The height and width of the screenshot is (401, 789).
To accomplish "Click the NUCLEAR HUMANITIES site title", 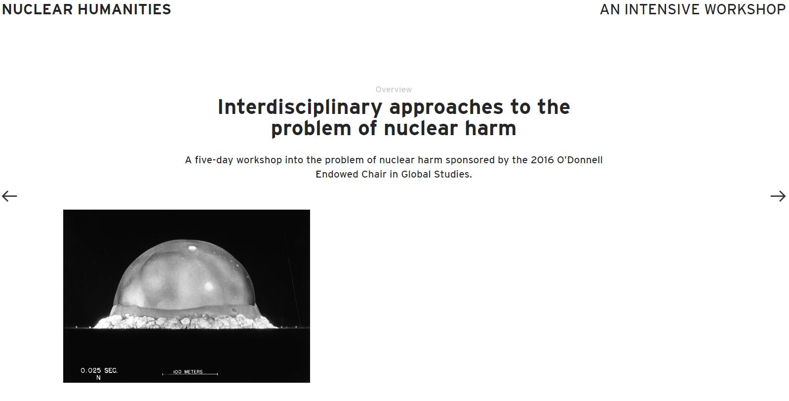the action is point(86,9).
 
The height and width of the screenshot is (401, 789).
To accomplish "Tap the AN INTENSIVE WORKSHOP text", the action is point(693,9).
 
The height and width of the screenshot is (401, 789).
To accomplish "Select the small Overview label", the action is point(394,90).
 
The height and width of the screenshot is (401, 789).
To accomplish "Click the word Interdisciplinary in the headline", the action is point(300,108).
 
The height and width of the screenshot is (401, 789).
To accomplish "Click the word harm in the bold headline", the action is point(490,128).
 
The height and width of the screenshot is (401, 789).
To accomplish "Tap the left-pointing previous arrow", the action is point(9,196).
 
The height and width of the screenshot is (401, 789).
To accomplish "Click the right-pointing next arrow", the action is point(778,196).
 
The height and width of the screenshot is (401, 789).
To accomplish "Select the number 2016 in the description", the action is point(542,160).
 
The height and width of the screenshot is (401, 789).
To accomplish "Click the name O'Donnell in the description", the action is point(580,160).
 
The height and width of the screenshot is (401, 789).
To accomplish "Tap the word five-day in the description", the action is point(214,160).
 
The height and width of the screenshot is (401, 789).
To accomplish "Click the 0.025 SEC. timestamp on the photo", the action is point(99,370).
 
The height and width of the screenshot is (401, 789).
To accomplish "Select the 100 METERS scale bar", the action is point(190,373).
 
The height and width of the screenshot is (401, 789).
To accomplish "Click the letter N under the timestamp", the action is point(98,378).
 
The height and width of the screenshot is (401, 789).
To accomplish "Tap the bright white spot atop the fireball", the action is point(193,248).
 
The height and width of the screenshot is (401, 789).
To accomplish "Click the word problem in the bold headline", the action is point(311,129).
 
